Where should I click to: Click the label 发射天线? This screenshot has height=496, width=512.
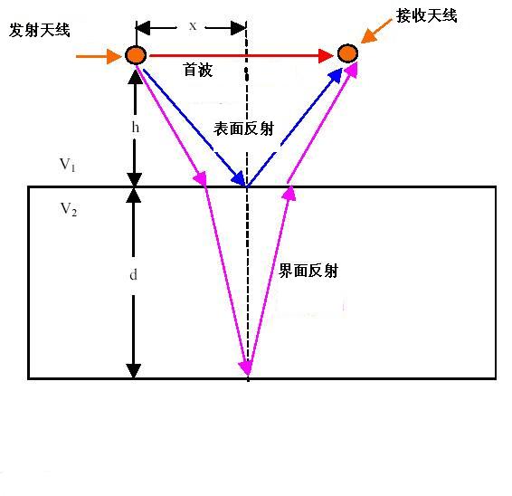coord(40,31)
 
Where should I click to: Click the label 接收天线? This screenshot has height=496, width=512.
coord(426,15)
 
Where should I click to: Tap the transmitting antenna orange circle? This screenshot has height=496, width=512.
coord(136,55)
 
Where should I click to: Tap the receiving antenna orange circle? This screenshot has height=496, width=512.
coord(347,53)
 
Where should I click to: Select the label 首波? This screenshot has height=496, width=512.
coord(198,70)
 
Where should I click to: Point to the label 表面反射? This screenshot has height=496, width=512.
coord(244,129)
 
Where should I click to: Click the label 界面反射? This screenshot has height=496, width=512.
coord(308,271)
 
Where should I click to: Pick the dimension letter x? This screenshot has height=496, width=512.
coord(193,26)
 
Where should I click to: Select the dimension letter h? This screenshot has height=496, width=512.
coord(135,127)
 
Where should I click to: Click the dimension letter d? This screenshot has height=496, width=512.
coord(133,274)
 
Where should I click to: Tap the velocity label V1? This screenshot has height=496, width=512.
coord(68,165)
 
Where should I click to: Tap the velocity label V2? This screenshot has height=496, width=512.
coord(69,209)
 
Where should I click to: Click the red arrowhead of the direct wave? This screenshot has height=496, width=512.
coord(326,56)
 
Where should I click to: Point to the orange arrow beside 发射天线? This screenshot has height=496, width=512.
coord(99,56)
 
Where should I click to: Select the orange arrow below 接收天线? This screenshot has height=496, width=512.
coord(376,31)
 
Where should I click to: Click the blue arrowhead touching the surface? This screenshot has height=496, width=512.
coord(239,179)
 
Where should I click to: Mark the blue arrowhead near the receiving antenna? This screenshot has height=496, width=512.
coord(336,75)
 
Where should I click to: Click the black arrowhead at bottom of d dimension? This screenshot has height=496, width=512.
coord(134,371)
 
